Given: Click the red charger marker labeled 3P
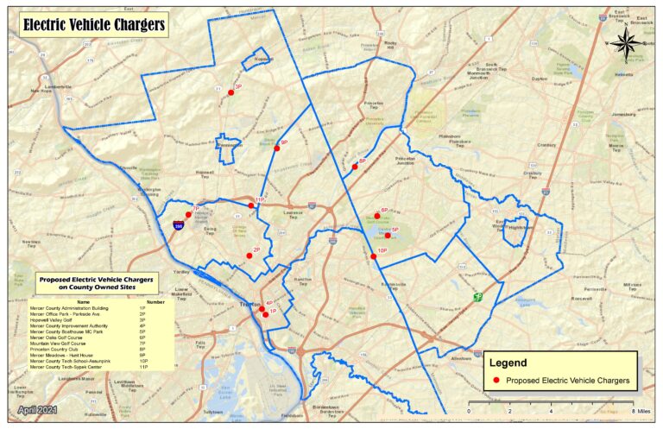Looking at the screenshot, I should click(231, 91).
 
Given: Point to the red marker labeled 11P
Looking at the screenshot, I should click(252, 205).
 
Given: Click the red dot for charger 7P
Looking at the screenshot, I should click(188, 214).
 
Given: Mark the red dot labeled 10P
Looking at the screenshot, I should click(374, 256).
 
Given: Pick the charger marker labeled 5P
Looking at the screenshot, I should click(388, 236).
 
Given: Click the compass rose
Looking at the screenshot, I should click(628, 41).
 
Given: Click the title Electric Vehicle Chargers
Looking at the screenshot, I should click(92, 25).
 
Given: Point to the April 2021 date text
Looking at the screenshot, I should click(35, 410).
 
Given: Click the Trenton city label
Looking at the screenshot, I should click(250, 305).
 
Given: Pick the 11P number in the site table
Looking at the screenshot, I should click(143, 368).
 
